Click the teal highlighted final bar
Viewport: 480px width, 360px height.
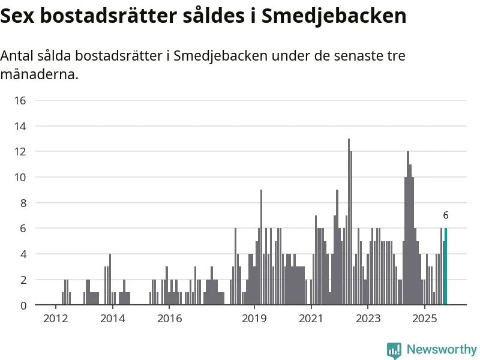[x=445, y=267]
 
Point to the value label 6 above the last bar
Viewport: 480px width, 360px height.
[x=446, y=215]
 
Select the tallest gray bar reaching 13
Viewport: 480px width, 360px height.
[x=349, y=222]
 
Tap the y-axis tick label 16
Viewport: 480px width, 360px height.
[x=20, y=100]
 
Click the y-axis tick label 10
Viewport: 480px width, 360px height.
[x=20, y=177]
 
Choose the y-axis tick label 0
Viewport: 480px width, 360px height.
[x=23, y=305]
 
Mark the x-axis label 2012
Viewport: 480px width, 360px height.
[x=55, y=317]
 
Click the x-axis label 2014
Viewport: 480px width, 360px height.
[x=112, y=317]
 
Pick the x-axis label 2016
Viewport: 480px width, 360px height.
[x=169, y=317]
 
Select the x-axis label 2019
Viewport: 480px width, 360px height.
[x=254, y=317]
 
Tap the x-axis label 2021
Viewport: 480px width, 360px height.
[x=311, y=317]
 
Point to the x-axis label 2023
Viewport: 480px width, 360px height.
[x=368, y=317]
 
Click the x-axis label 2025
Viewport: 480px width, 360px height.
[x=425, y=317]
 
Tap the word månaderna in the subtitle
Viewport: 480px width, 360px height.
[x=39, y=76]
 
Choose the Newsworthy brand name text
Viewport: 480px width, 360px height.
[x=442, y=350]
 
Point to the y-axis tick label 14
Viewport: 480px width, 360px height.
[x=20, y=126]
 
